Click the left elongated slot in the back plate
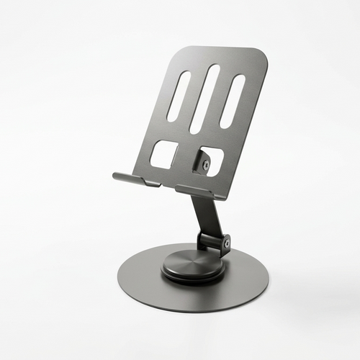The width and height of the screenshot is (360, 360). tap(179, 95)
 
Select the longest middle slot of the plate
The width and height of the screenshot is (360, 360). tap(204, 98)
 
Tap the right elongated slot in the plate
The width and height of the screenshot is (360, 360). tap(232, 101)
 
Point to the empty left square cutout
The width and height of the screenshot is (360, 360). tap(164, 154)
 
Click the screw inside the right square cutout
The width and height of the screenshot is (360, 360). tap(207, 165)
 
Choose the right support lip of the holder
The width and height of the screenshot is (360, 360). tap(196, 192)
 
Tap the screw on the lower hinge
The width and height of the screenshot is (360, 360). tap(226, 244)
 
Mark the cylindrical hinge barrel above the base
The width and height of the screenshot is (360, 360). tap(215, 240)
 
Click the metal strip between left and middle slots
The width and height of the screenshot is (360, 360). tap(192, 96)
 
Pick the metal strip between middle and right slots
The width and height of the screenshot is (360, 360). tap(219, 100)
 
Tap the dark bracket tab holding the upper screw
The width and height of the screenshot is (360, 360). tap(202, 164)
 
